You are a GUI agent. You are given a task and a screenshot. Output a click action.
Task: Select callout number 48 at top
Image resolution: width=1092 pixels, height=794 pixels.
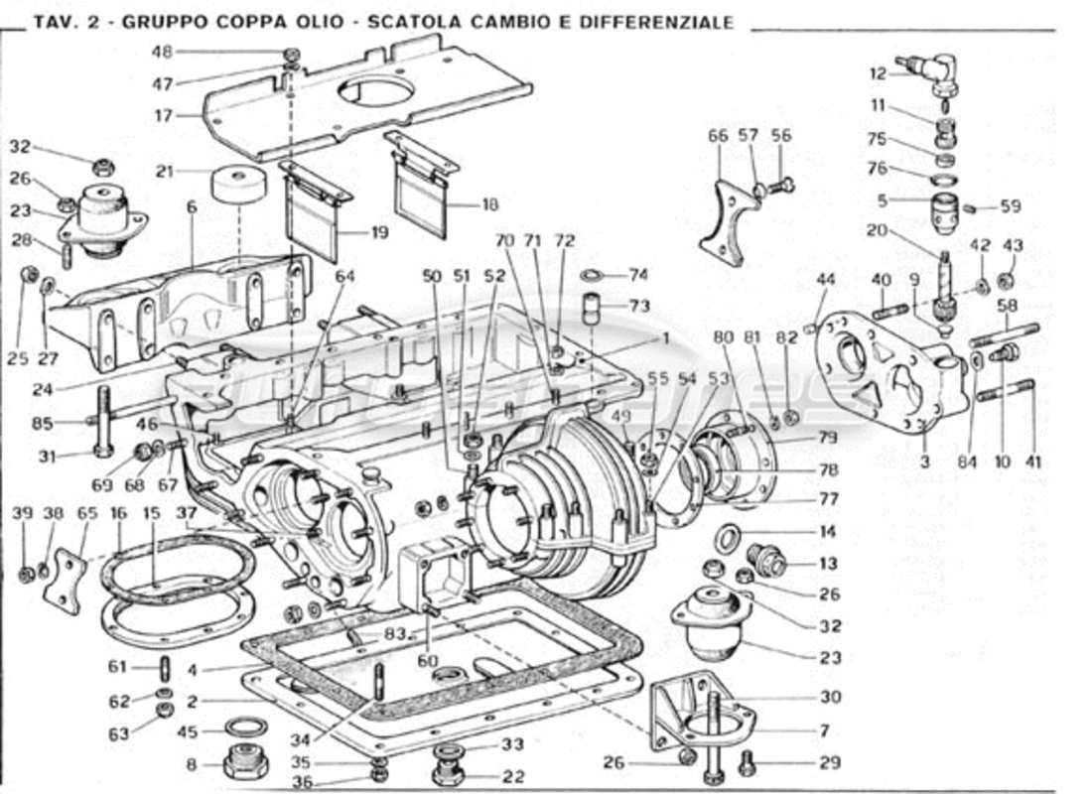[x=162, y=53]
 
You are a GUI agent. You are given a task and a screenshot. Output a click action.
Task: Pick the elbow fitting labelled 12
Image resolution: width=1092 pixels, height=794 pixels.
[x=936, y=72]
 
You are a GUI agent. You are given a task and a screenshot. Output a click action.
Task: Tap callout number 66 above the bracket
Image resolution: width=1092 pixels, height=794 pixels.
[x=718, y=136]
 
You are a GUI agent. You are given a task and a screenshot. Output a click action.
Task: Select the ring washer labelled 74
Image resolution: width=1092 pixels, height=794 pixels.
[x=589, y=275]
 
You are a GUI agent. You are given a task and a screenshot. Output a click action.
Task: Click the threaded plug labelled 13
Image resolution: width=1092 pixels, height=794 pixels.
[x=768, y=563]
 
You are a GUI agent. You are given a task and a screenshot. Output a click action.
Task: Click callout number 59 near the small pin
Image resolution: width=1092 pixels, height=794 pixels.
[x=1011, y=207]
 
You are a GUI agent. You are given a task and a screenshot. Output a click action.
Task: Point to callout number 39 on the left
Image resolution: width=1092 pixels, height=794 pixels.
[x=24, y=513]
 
